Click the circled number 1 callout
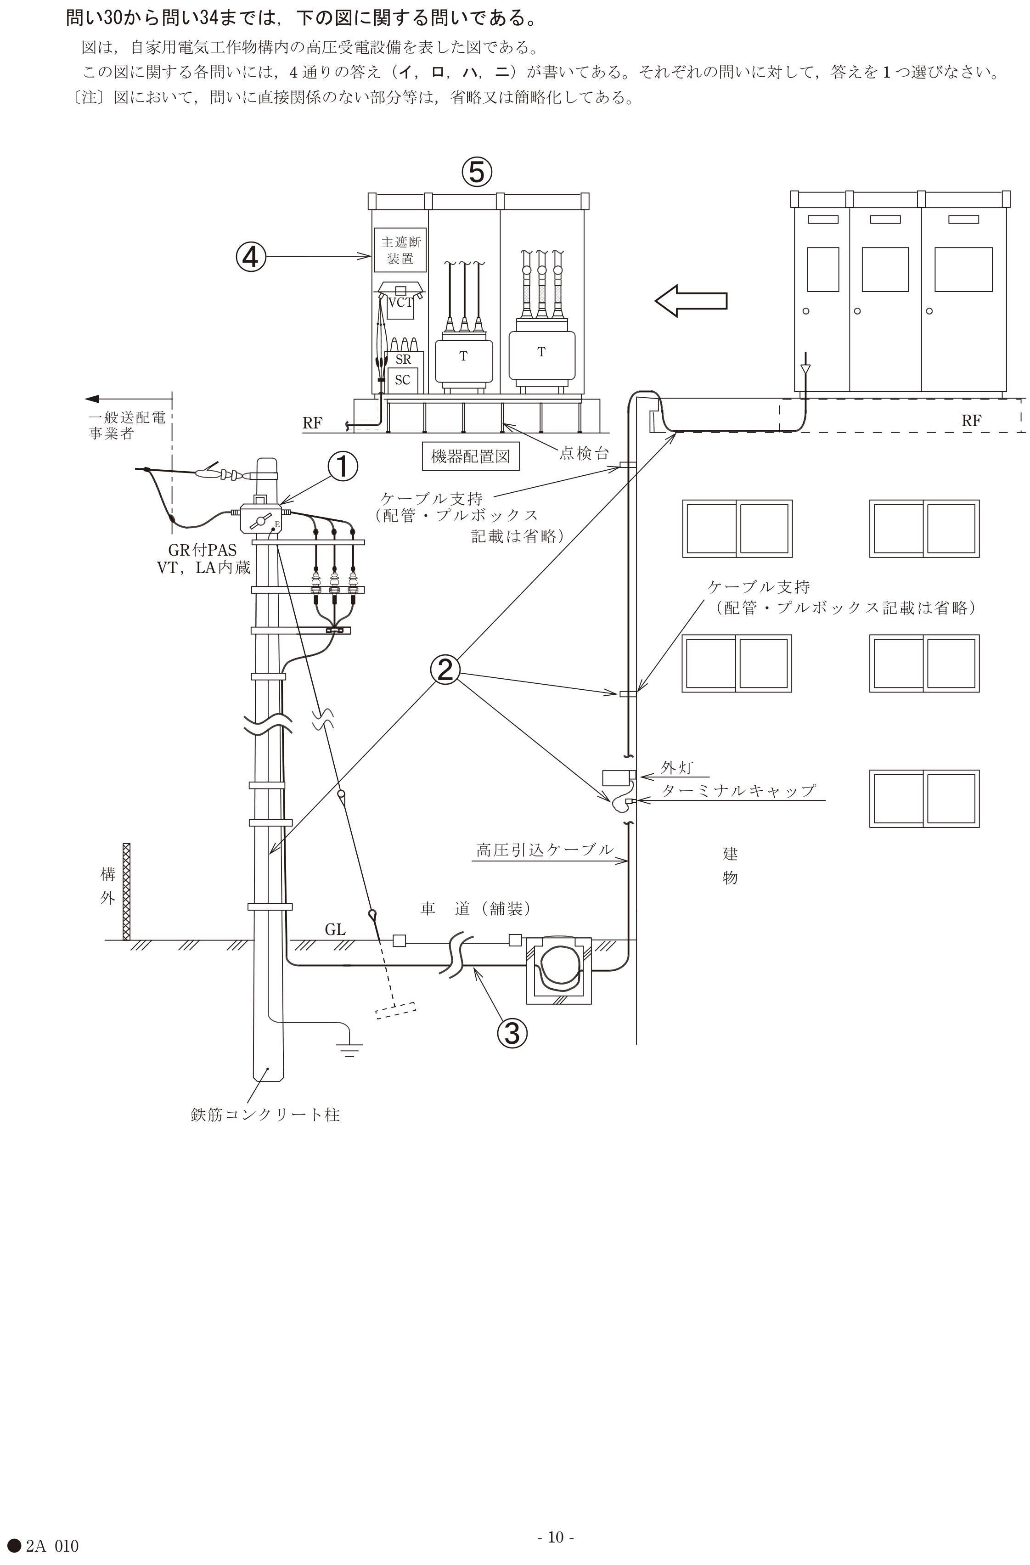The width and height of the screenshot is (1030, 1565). (x=343, y=467)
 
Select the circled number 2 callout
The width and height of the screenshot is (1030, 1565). (x=445, y=670)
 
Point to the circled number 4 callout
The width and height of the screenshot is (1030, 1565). (x=251, y=257)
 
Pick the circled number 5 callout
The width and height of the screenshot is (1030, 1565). (x=477, y=172)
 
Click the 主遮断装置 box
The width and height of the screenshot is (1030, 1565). (x=400, y=250)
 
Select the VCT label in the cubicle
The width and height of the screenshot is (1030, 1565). (x=400, y=303)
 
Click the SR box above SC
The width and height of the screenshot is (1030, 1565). (x=403, y=359)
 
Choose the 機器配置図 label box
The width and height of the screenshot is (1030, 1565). (x=470, y=456)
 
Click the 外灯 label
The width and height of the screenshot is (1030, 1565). (x=677, y=767)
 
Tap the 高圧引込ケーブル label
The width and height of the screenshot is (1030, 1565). (x=545, y=850)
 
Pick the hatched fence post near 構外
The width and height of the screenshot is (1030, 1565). (x=127, y=892)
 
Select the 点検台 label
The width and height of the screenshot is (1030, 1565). (x=585, y=453)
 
